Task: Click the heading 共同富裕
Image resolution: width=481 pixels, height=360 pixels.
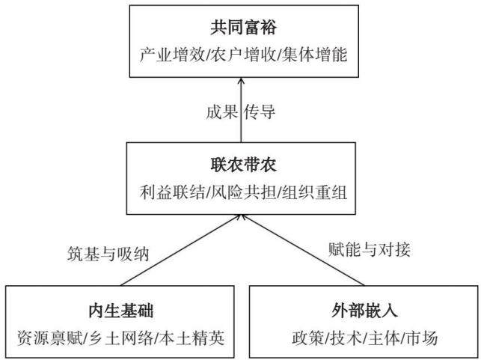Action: coord(243,27)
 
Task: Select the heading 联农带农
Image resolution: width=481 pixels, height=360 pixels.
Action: coord(243,165)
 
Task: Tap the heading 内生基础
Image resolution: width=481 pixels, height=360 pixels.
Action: coord(121,311)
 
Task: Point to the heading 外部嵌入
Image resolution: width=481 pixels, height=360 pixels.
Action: coord(364,311)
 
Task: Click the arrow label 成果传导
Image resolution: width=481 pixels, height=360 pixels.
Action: coord(241,112)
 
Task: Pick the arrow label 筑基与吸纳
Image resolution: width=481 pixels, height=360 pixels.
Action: coord(108,254)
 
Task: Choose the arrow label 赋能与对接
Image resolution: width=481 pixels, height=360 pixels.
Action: coord(370,249)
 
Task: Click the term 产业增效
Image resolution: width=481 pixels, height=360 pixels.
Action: coord(172,55)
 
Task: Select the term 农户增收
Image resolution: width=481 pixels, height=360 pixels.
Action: coord(243,55)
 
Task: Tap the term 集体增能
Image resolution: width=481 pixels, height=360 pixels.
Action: coord(314,55)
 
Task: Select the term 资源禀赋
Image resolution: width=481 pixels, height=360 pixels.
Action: coord(50,338)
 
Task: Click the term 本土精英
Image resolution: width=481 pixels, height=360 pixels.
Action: coord(192,338)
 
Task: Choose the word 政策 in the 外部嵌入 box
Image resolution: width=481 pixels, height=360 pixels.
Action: coord(307,338)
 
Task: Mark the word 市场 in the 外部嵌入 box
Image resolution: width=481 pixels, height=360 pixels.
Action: coord(421,338)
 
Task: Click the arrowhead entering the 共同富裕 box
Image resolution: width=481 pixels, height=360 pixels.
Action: coord(241,81)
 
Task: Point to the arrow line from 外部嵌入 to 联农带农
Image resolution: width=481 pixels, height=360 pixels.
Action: coord(302,250)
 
